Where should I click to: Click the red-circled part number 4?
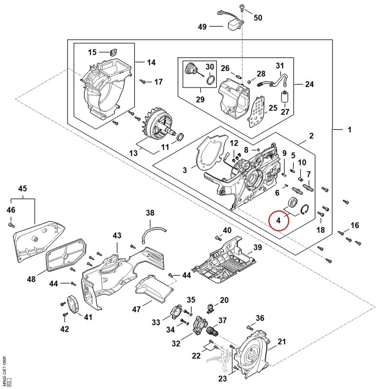point(278,220)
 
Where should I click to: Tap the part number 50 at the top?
point(258,18)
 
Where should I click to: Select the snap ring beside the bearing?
point(304,210)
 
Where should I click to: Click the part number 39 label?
point(258,248)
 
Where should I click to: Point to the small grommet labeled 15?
point(113,52)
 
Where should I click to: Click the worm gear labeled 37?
point(212,331)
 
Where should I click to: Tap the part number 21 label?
point(282,342)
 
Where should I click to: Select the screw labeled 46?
point(11,225)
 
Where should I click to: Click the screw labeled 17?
point(142,81)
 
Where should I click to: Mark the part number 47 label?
point(137,309)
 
